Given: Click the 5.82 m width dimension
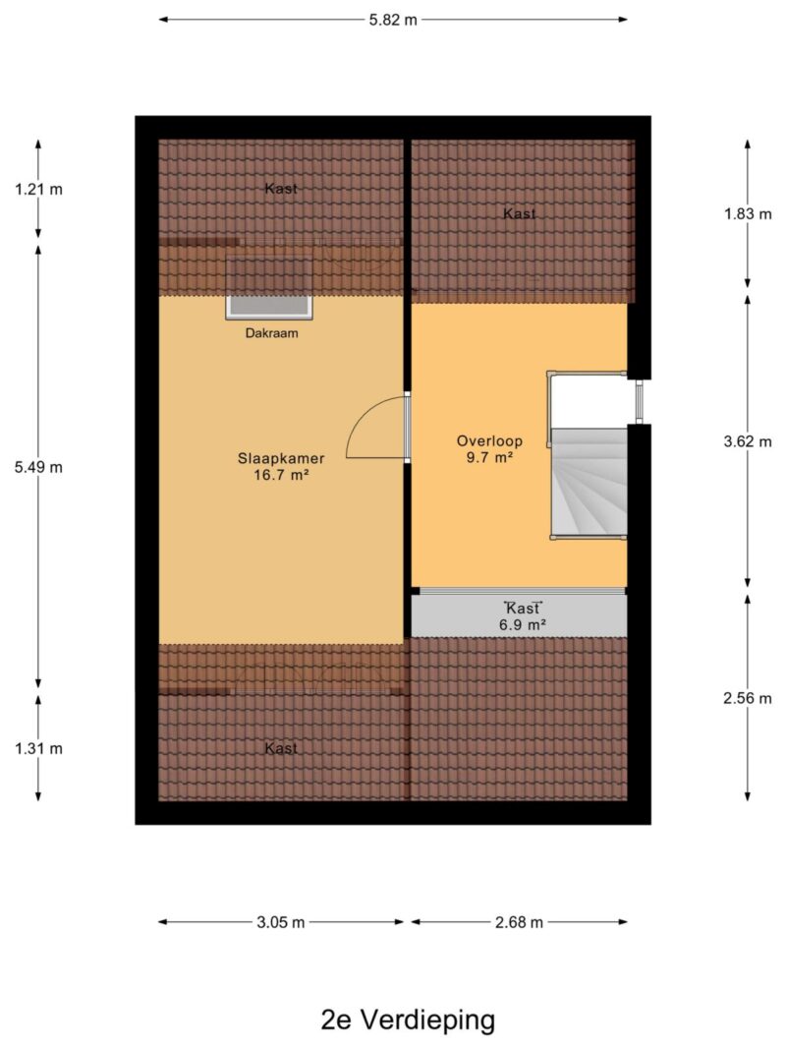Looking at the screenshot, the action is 393,20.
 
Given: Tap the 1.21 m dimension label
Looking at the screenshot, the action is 38,190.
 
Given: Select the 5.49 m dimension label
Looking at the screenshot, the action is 38,468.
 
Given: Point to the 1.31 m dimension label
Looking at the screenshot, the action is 38,748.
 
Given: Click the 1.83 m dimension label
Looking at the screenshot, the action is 748,214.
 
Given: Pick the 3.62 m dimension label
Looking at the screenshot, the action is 748,441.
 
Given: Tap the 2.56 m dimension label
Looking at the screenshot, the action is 748,698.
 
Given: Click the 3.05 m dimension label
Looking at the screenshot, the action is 281,922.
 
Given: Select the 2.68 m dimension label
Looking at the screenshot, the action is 520,922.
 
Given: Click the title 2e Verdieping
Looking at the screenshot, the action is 409,1020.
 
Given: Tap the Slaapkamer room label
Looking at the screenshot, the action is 281,459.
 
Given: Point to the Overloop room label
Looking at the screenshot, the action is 489,441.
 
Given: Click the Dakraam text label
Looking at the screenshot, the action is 271,333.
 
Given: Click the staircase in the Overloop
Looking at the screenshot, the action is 589,482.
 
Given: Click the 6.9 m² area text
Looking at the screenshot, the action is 523,625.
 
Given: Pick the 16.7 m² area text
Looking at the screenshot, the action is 281,476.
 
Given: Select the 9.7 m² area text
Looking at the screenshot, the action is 489,458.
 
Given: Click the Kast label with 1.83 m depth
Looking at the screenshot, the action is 520,214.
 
